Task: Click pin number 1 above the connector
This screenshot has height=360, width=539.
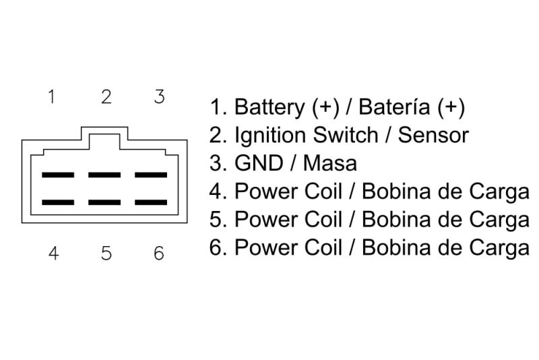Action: (x=52, y=96)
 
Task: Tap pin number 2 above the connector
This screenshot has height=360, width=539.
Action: (x=106, y=96)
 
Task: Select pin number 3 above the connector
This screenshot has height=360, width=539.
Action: (x=159, y=96)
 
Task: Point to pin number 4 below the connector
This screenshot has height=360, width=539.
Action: (x=53, y=253)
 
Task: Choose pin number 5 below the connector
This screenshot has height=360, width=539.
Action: (x=106, y=253)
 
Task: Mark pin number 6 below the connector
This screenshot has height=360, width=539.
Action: (x=159, y=253)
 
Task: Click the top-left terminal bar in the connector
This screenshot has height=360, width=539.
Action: (x=58, y=175)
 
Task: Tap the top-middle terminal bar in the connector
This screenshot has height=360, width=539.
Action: (x=104, y=175)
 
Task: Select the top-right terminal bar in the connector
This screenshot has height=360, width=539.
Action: (x=151, y=175)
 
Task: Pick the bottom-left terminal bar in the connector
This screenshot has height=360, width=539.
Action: (x=58, y=202)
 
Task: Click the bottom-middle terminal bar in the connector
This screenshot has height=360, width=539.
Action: (x=104, y=202)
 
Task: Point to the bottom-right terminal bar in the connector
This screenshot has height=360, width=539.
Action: (x=151, y=202)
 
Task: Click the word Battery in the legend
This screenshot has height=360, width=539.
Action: (x=269, y=107)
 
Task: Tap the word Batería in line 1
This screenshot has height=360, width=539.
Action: (x=394, y=107)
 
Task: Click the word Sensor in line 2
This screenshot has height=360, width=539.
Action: (x=433, y=135)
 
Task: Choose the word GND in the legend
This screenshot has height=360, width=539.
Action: (x=259, y=163)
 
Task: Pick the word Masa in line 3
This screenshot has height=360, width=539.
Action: (x=330, y=163)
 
